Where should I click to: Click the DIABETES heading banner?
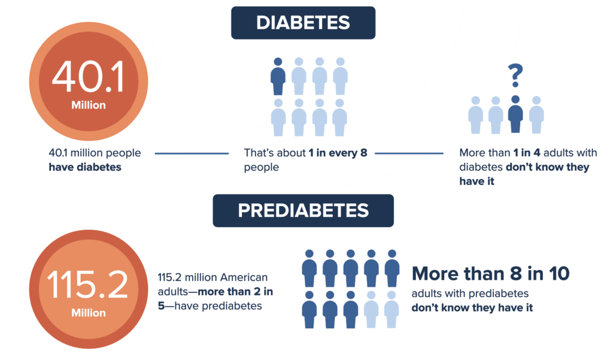303,23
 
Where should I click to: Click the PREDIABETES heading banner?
303,211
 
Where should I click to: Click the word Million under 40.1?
89,105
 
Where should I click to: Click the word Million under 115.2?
89,313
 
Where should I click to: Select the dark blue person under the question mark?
515,114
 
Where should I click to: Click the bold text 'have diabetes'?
85,167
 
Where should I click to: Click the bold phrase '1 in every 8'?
338,153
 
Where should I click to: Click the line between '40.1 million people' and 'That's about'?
192,153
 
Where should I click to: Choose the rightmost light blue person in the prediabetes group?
391,309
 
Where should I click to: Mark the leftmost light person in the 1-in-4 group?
475,114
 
